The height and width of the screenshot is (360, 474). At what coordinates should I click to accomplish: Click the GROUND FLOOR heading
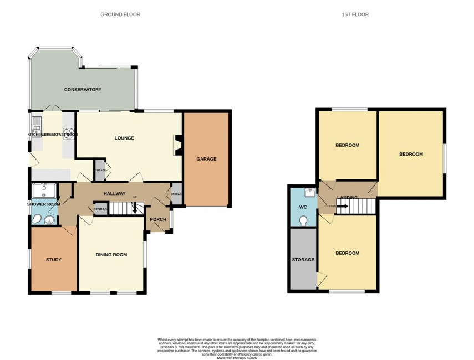click(120, 14)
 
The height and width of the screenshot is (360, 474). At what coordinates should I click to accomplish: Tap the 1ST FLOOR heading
click(356, 14)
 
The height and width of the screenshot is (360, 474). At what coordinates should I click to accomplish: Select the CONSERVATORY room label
click(83, 90)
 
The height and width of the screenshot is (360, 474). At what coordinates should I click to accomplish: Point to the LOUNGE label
click(125, 138)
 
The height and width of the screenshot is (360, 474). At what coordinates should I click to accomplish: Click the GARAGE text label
click(206, 159)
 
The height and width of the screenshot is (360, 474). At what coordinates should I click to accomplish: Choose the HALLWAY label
click(114, 193)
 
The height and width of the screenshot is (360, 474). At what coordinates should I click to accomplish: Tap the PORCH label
click(158, 219)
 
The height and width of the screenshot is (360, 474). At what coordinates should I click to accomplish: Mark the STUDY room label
click(54, 259)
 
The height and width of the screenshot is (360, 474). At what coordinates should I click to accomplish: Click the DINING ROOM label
click(111, 255)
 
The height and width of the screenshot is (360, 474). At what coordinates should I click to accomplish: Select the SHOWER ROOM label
click(43, 204)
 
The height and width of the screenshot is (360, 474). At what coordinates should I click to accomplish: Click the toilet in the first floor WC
click(303, 220)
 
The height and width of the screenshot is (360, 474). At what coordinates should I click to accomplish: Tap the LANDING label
click(347, 198)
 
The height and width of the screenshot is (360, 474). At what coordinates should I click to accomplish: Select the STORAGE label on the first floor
click(303, 259)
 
